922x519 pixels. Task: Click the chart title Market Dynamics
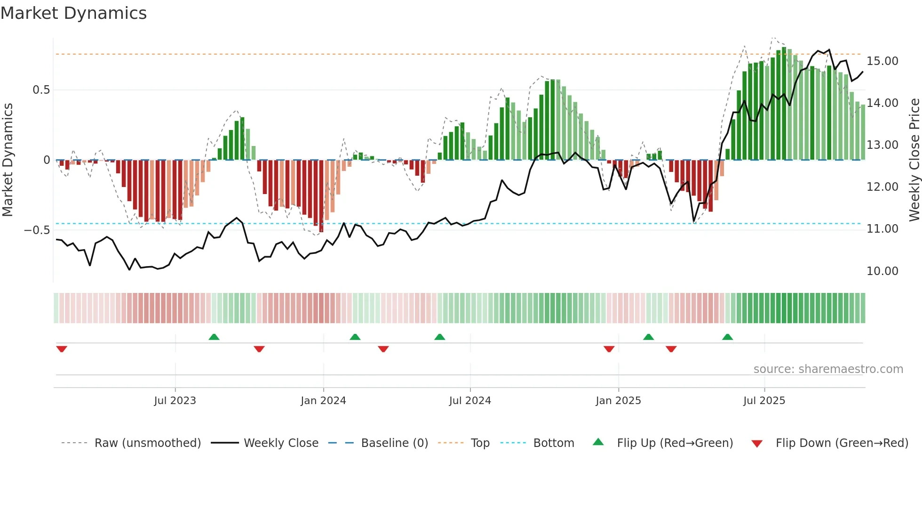[73, 13]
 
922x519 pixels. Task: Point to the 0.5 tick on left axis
[41, 90]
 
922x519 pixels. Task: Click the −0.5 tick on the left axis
[37, 230]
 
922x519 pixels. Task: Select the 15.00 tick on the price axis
[882, 61]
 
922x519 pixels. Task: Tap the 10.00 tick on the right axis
[882, 271]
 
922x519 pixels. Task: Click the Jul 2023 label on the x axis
[175, 401]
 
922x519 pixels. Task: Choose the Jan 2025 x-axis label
[618, 401]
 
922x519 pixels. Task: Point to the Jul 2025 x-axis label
[764, 401]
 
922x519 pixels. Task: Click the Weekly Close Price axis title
[914, 160]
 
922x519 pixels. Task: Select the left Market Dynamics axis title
[8, 160]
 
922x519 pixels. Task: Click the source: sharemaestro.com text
[828, 369]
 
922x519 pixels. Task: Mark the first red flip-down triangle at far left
[62, 349]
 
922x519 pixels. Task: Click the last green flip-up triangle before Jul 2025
[727, 337]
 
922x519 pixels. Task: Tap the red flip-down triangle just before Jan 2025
[609, 349]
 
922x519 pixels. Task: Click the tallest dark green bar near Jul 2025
[784, 104]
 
